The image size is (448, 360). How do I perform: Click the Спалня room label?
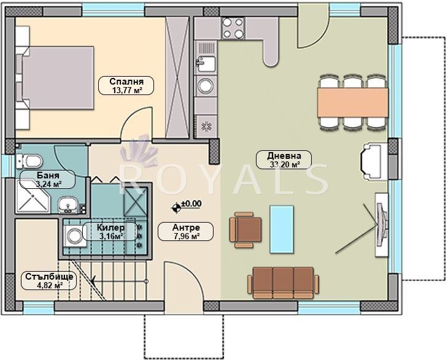126,86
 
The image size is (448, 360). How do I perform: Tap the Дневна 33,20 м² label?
284,160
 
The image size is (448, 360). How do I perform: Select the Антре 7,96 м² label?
186,232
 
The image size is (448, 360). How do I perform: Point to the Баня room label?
48,179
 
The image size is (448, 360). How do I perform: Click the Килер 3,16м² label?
110,232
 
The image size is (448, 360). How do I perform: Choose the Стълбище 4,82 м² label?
49,281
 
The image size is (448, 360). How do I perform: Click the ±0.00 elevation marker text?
191,204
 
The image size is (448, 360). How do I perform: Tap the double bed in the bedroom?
54,78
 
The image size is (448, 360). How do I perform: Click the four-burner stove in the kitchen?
233,28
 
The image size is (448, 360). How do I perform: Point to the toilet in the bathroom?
29,161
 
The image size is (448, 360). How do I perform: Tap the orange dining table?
353,102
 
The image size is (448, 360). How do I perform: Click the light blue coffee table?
282,229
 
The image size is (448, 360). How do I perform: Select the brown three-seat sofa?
283,283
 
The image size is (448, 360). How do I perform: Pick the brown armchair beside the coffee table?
245,230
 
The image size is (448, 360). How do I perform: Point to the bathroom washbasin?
68,205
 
